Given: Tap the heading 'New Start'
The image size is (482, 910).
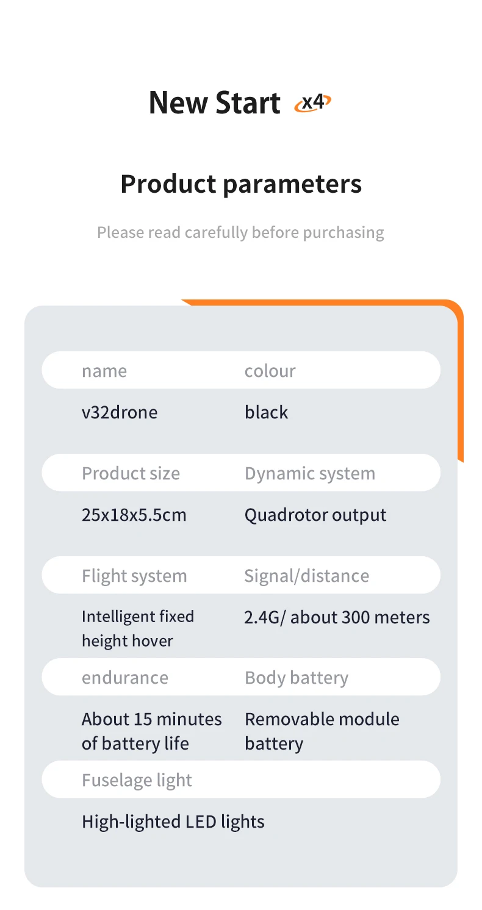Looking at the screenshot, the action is [214, 102].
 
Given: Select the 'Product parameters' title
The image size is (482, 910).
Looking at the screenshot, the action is [241, 184].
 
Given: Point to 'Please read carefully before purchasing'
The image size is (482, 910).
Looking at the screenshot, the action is [240, 232].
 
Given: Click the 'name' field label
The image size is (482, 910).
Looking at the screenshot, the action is [104, 371].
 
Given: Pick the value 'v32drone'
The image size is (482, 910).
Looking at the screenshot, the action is [120, 412].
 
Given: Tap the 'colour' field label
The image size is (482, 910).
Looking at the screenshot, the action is [270, 371].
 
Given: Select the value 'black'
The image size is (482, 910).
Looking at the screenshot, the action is [266, 412].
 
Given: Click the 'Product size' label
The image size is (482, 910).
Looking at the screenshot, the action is [131, 473].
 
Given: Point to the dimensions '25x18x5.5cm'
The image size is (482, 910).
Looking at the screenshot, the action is [134, 515].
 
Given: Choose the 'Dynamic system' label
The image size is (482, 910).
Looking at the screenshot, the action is [310, 473].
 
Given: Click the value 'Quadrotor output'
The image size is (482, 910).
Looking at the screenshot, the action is [315, 515].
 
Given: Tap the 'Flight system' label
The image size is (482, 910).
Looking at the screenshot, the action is [134, 576].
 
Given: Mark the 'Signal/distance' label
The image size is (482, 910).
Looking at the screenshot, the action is [307, 576].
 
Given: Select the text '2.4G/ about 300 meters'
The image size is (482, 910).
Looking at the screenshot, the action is [337, 617].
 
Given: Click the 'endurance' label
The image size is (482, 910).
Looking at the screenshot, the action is [125, 678].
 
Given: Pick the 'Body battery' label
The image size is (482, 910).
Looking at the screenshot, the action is [297, 678].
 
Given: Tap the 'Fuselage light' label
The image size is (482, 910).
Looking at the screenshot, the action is [137, 780].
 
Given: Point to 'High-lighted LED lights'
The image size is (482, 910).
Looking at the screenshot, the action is [173, 822].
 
